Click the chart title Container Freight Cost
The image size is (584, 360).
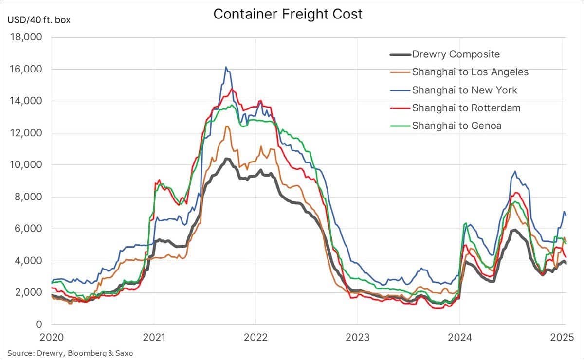click(x=288, y=14)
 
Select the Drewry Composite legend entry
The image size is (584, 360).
click(x=456, y=54)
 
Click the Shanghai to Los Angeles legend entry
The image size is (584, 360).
click(x=470, y=72)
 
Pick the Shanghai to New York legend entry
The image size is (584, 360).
click(x=464, y=90)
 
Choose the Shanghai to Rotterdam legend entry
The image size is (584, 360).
click(x=466, y=108)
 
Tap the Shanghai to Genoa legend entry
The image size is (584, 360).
click(x=456, y=126)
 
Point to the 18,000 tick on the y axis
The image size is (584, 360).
click(x=26, y=37)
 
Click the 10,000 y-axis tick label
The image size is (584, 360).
click(x=26, y=165)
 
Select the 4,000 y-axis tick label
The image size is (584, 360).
click(x=28, y=261)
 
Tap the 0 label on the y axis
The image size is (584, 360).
click(x=39, y=324)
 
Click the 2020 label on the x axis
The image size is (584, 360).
click(x=52, y=337)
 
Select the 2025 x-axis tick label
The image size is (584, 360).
click(x=561, y=337)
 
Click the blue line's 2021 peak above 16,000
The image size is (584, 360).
click(x=226, y=67)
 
